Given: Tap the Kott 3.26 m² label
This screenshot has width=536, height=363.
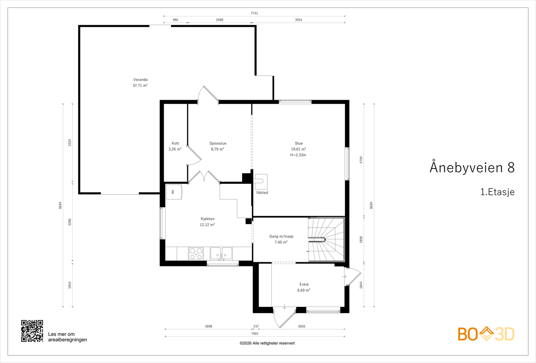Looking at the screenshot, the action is click(x=175, y=146).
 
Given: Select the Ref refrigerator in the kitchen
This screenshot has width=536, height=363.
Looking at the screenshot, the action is click(x=174, y=192).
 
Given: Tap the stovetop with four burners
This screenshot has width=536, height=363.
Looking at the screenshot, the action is click(x=196, y=254).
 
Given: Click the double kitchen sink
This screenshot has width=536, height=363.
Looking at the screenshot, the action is click(x=221, y=254).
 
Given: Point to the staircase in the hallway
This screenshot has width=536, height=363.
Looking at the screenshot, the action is click(x=326, y=240).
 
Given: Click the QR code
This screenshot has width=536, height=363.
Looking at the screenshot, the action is click(x=32, y=331).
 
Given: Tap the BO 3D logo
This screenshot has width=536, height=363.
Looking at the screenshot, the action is click(x=486, y=334).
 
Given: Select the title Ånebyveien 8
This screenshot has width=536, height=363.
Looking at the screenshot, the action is click(x=472, y=167).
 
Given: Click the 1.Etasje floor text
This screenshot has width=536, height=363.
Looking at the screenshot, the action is click(x=497, y=192).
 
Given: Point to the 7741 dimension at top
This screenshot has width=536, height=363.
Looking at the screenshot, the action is click(x=254, y=13).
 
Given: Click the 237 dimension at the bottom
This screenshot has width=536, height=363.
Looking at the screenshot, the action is click(x=256, y=327).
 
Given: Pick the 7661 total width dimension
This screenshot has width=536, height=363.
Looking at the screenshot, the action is click(x=255, y=334).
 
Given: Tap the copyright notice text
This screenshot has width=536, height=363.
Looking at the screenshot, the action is click(x=267, y=343).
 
